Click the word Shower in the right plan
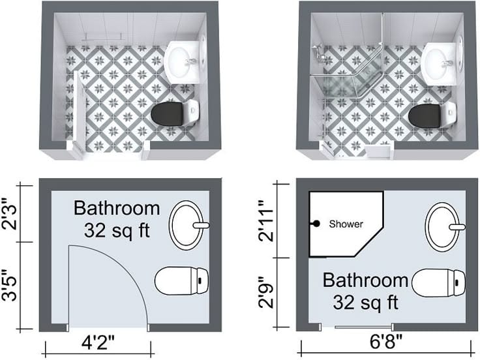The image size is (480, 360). click(x=346, y=224)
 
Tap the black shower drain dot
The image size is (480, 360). click(x=316, y=224)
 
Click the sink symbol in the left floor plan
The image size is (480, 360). click(x=189, y=225)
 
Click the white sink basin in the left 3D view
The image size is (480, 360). click(x=183, y=61)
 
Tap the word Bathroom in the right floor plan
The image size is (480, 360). click(x=365, y=281)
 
